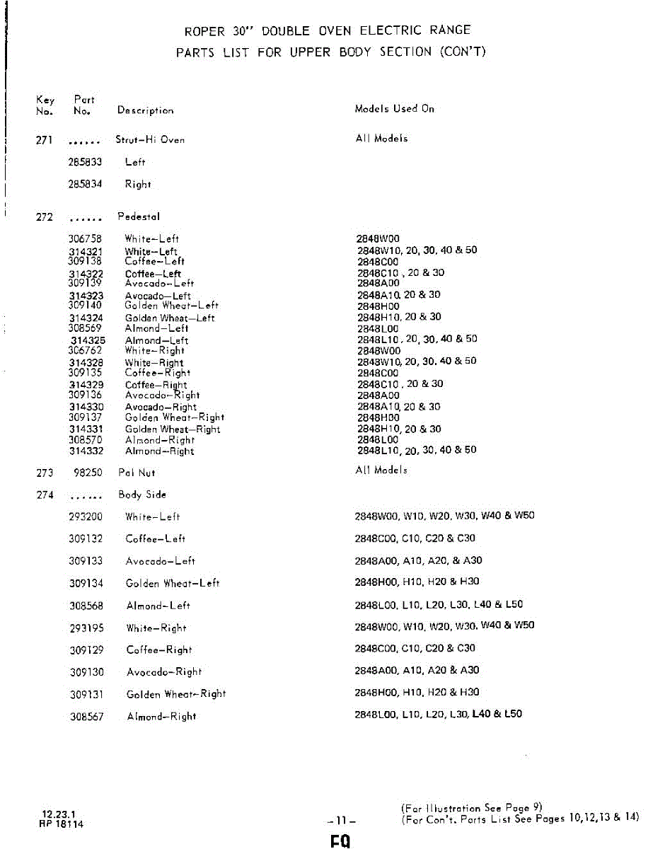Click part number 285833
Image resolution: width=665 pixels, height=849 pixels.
85,162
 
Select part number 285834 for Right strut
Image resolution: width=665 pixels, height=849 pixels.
85,184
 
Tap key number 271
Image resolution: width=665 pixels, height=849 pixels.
44,140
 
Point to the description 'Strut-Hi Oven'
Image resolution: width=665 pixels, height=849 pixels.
150,140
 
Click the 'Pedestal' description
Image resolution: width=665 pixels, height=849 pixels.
139,216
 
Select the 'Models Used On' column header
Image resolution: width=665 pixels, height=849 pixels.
394,109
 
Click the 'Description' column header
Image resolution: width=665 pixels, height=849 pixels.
145,110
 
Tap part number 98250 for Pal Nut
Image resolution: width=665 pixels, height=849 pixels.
88,473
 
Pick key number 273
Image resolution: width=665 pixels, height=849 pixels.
45,473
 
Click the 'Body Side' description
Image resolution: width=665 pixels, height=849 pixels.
142,495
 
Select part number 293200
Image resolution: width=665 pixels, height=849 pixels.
86,517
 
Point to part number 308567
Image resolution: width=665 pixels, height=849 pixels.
86,717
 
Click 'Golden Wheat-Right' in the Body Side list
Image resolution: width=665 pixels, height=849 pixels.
176,694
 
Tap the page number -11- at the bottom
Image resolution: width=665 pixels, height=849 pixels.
342,821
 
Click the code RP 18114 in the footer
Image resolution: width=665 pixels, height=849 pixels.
62,824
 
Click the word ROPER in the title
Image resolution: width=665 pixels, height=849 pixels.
204,31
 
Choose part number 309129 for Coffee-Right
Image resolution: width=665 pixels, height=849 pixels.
86,649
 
